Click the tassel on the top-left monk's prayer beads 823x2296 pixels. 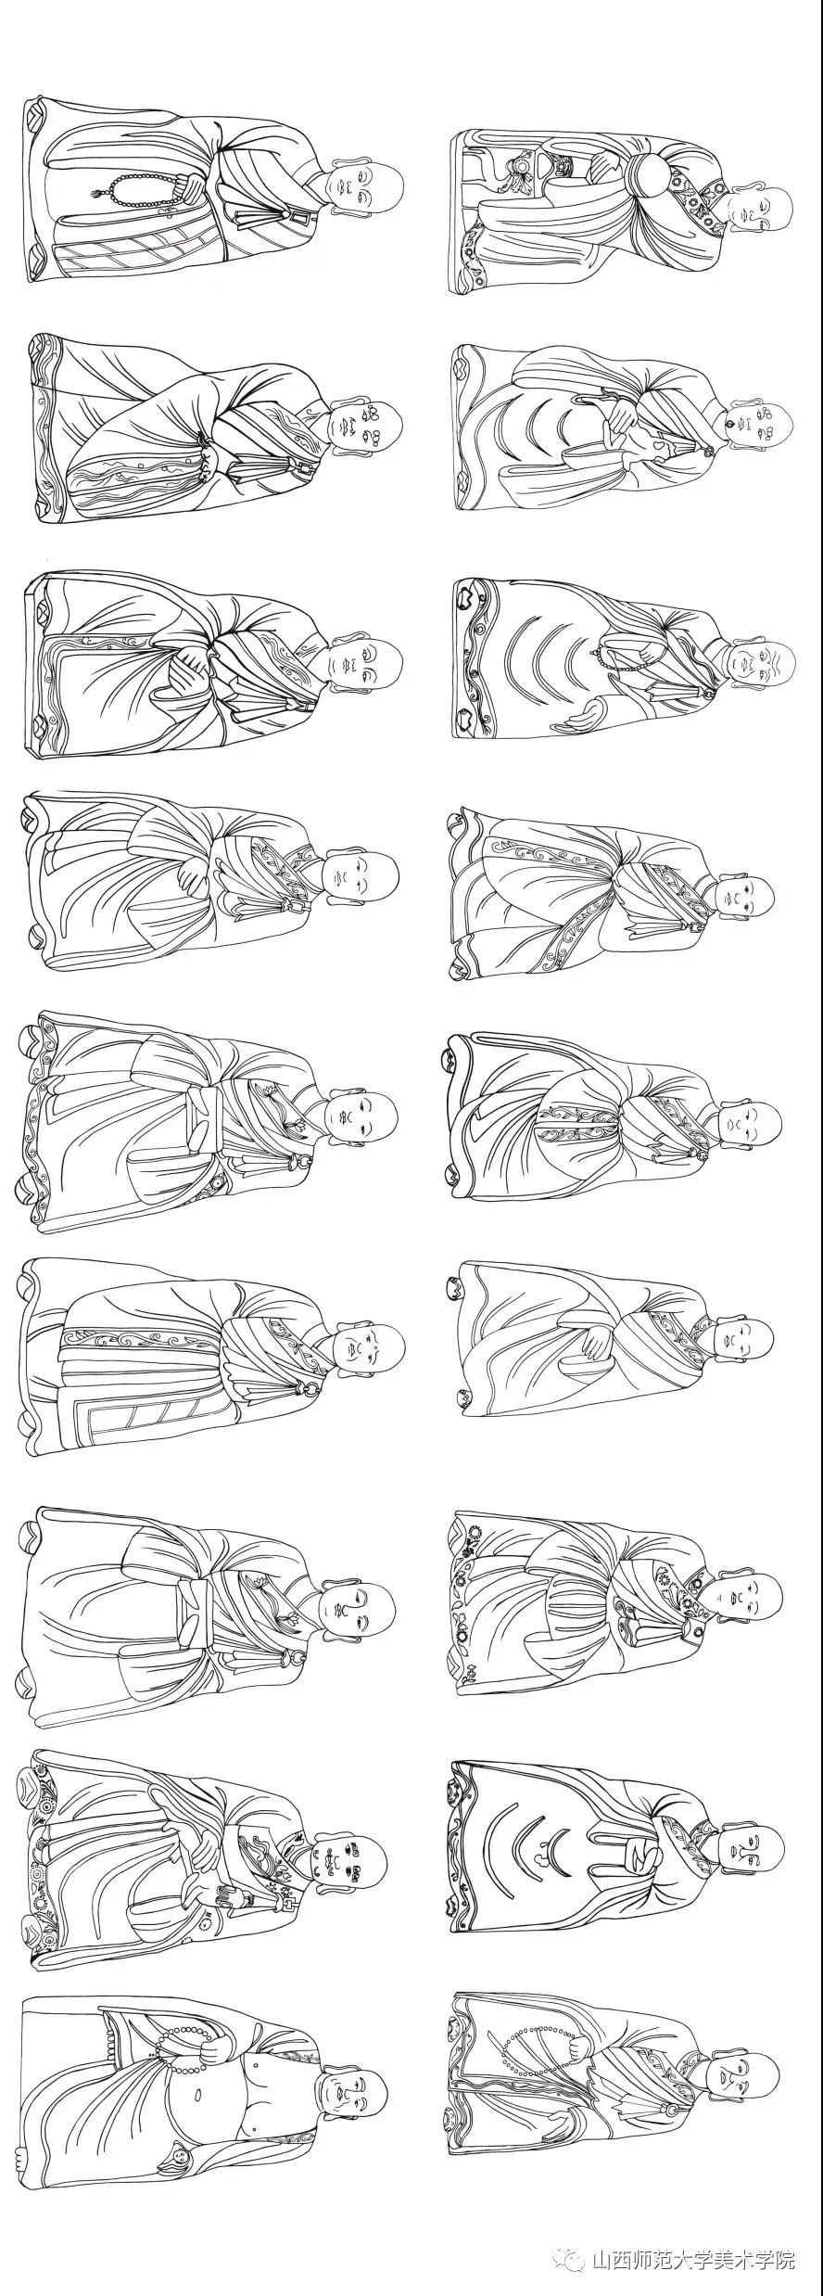[x=95, y=195]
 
